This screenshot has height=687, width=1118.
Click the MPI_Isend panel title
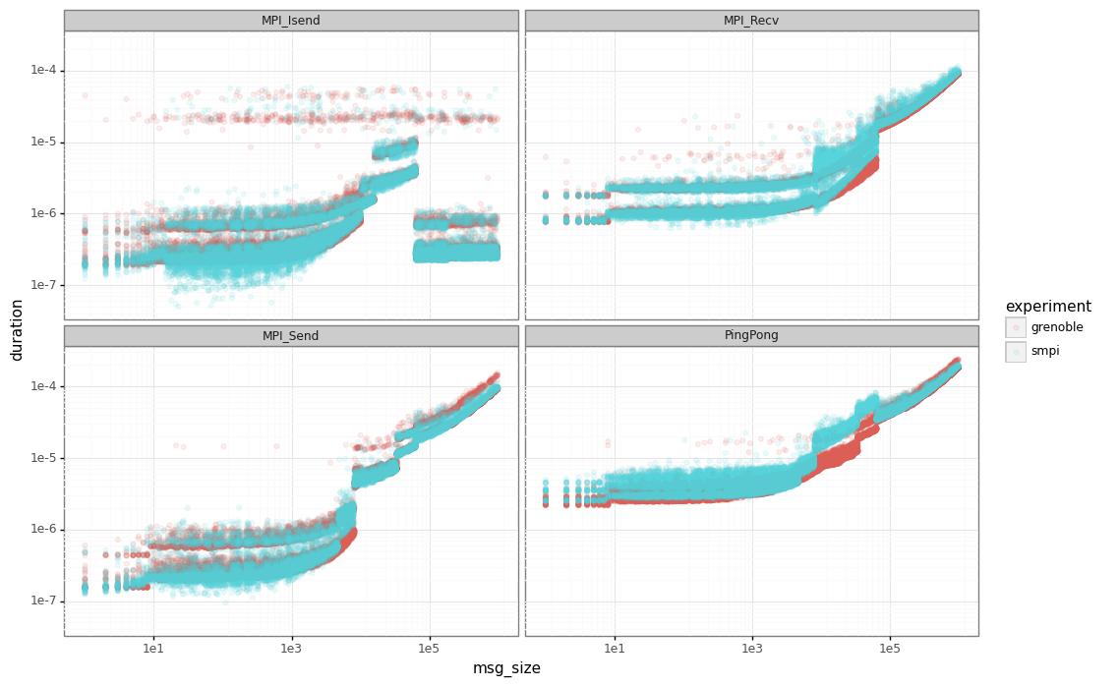tap(290, 21)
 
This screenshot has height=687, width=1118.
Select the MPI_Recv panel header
tap(751, 21)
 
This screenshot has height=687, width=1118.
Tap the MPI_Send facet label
tap(290, 336)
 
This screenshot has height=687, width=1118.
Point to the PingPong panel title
tap(751, 336)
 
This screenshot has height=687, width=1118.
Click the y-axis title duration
tap(17, 330)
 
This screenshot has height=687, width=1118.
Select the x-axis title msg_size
tap(506, 668)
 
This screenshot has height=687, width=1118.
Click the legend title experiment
tap(1047, 307)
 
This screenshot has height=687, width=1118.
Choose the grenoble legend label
tap(1057, 327)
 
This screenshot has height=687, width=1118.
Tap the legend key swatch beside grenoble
tap(1016, 327)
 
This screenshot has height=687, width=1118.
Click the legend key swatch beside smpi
tap(1016, 351)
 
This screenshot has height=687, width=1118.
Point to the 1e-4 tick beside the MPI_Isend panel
tap(44, 70)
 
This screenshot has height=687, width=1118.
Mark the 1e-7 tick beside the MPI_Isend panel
tap(44, 285)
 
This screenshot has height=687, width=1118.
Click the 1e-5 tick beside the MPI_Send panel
tap(44, 457)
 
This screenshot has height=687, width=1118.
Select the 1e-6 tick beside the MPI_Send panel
tap(44, 529)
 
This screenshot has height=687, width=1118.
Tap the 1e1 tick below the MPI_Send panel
tap(152, 649)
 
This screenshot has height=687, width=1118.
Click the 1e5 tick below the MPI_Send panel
tap(428, 649)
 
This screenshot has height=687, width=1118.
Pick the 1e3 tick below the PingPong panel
tap(752, 649)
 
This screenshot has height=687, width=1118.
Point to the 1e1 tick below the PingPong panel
tap(615, 649)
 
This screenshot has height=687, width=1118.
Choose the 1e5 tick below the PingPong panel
tap(890, 649)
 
